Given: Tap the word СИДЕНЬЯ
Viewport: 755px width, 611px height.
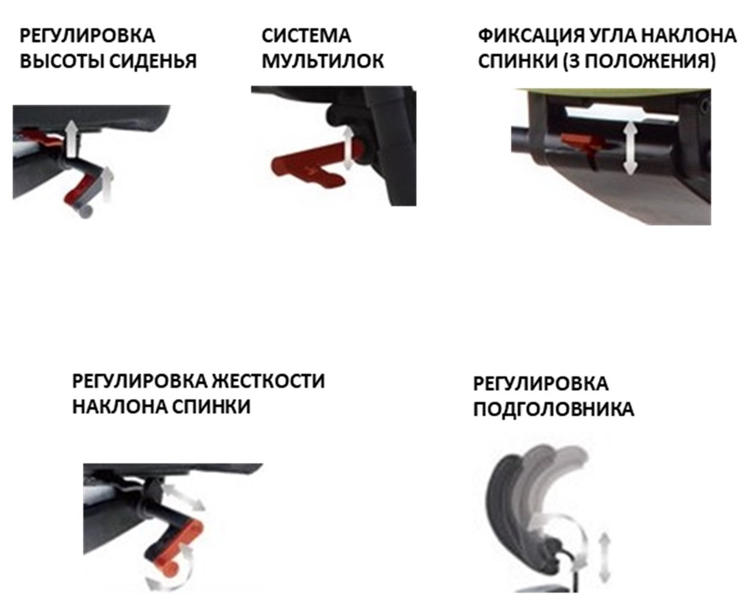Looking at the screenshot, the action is click(x=152, y=61).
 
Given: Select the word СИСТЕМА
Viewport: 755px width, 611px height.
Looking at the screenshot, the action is click(x=306, y=36).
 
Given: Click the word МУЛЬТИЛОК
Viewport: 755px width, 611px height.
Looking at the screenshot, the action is click(x=323, y=61).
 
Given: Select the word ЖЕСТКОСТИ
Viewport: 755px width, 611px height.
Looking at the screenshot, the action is click(x=268, y=381).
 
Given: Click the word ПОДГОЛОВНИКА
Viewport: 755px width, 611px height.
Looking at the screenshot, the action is click(x=553, y=409).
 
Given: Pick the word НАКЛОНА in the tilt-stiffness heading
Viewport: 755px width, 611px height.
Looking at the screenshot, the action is click(x=120, y=407).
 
